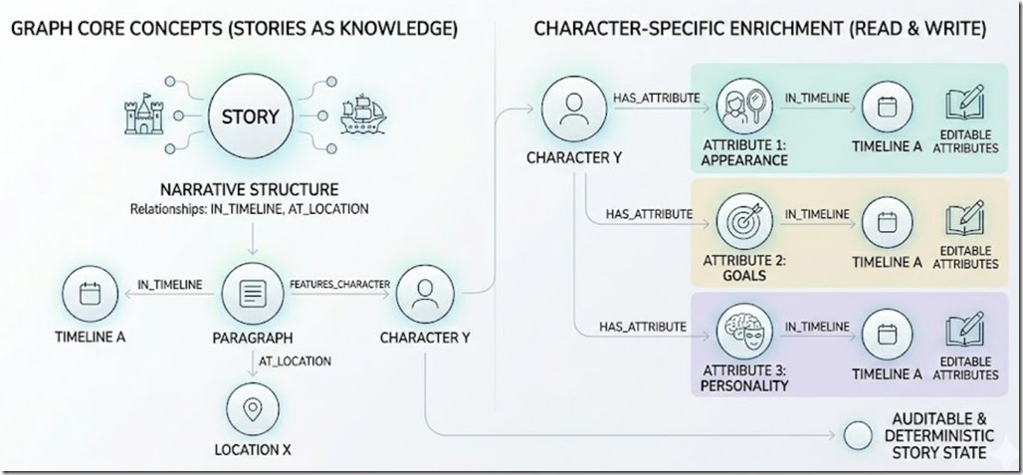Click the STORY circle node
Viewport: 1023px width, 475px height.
(250, 117)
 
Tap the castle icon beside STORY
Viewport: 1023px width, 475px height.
(144, 117)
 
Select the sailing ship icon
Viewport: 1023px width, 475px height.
(363, 115)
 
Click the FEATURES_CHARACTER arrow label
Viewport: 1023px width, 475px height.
(339, 284)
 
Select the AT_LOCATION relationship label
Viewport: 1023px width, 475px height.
(295, 360)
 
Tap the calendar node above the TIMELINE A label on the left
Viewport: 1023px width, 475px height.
(90, 295)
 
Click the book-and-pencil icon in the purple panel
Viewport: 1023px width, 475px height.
(965, 330)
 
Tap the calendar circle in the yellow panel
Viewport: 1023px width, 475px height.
(887, 222)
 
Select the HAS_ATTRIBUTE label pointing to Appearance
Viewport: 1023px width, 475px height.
(657, 98)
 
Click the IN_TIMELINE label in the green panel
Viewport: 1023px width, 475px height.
(817, 98)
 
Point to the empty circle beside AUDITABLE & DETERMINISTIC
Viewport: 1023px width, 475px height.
(858, 436)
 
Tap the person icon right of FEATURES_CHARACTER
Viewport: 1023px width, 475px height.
(425, 294)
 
